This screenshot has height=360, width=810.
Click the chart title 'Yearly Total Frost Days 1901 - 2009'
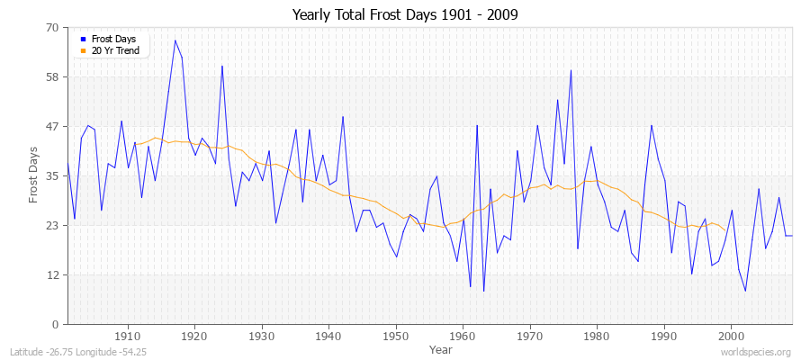405,14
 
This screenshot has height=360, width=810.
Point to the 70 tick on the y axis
52,28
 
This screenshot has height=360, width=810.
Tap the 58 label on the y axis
52,77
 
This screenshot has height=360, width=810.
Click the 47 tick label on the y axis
52,127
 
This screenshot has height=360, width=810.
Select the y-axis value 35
52,176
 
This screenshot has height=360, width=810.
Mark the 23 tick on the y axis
52,226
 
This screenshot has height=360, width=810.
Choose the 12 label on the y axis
52,275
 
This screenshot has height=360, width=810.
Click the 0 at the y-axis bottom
55,325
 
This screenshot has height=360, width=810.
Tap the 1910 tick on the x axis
128,336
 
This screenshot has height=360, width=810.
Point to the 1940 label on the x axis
328,336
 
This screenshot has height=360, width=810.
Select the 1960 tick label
463,336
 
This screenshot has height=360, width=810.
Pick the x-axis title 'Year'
441,349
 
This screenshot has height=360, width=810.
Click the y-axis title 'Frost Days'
33,175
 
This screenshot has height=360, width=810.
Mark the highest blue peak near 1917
175,40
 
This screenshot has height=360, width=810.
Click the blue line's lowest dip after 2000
745,291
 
